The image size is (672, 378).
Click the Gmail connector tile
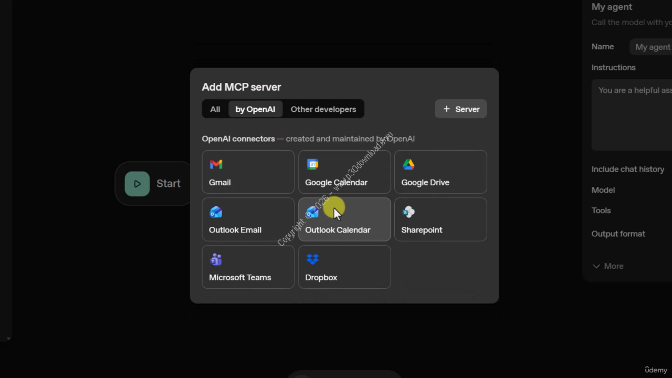coord(248,172)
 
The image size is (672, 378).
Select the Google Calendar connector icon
coord(312,165)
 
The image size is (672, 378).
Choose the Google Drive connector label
coord(425,183)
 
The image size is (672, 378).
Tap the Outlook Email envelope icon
coord(216,212)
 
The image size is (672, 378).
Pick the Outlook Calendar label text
coord(338,230)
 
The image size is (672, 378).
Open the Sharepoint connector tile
coord(440,219)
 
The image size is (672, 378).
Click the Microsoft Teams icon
coord(216,259)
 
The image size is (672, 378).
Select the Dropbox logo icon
coord(312,259)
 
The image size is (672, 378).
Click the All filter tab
coord(215,109)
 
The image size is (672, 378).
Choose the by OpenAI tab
coord(255,109)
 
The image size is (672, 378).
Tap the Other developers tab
coord(323,109)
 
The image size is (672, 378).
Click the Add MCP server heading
coord(241,87)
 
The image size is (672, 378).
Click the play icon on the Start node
coord(137,184)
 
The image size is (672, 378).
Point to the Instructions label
coord(613,68)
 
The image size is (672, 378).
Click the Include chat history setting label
coord(628,169)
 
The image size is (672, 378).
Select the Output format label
coord(618,234)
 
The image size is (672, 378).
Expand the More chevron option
coord(596,266)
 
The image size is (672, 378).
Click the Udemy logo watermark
coord(656,370)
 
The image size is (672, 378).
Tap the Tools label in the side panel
coord(601,211)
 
